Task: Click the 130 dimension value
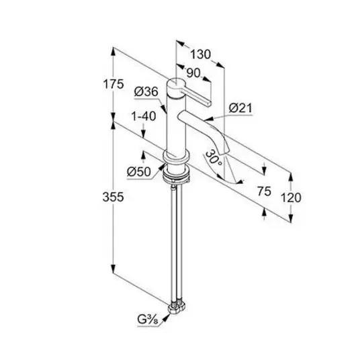(x=200, y=54)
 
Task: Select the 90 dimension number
(x=193, y=73)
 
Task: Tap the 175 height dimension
(x=114, y=84)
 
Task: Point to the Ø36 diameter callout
(x=146, y=92)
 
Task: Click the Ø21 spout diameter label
(x=240, y=108)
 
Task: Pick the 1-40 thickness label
(x=144, y=116)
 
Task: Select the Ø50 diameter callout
(x=139, y=171)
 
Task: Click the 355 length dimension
(x=114, y=197)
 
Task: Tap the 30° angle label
(x=214, y=159)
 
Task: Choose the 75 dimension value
(x=264, y=191)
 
